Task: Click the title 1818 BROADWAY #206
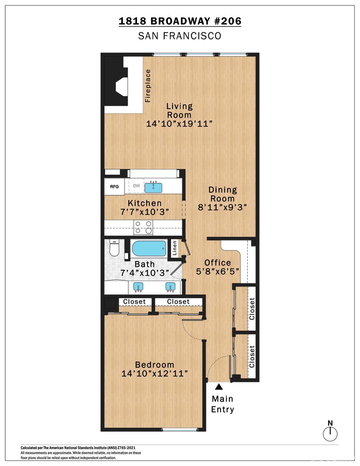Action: (180, 21)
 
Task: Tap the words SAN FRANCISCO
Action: (180, 36)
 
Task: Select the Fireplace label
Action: (148, 86)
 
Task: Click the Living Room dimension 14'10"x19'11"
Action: (179, 124)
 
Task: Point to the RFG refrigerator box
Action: (114, 187)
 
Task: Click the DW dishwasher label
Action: (136, 186)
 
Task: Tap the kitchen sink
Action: (154, 187)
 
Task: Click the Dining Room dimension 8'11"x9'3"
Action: (222, 207)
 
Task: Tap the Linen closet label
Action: (175, 248)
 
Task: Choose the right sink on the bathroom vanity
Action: (170, 287)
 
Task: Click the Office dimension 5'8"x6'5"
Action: (217, 271)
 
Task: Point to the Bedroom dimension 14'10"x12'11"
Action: (154, 373)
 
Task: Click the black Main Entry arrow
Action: (219, 387)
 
